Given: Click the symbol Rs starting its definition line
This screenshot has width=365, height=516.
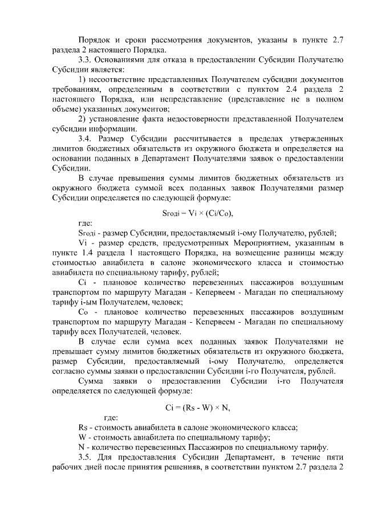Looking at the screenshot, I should [83, 427].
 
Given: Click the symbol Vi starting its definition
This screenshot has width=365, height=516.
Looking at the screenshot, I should [82, 242].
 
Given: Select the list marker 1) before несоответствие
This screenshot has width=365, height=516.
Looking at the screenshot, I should [82, 79].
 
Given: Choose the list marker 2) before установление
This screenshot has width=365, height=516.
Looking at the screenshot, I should [82, 119].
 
